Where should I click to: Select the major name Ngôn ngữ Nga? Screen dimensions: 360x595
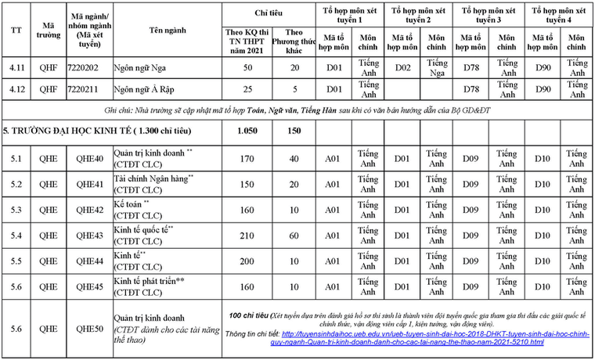pyautogui.click(x=142, y=68)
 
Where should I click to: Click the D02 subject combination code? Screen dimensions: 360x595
pyautogui.click(x=402, y=68)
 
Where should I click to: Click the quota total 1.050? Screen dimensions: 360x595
pyautogui.click(x=247, y=129)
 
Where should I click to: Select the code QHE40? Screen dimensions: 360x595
pyautogui.click(x=89, y=159)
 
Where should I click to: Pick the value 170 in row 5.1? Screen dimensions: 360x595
pyautogui.click(x=247, y=159)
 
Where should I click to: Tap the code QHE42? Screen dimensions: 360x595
pyautogui.click(x=89, y=210)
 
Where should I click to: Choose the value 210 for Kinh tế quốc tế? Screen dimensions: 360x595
pyautogui.click(x=247, y=236)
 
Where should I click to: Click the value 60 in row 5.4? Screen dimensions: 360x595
pyautogui.click(x=294, y=236)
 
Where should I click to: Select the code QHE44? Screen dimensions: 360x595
pyautogui.click(x=89, y=261)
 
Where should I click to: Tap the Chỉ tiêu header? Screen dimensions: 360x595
pyautogui.click(x=269, y=13)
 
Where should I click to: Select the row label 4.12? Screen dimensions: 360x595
pyautogui.click(x=16, y=89)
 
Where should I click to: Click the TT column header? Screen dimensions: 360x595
pyautogui.click(x=16, y=29)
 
